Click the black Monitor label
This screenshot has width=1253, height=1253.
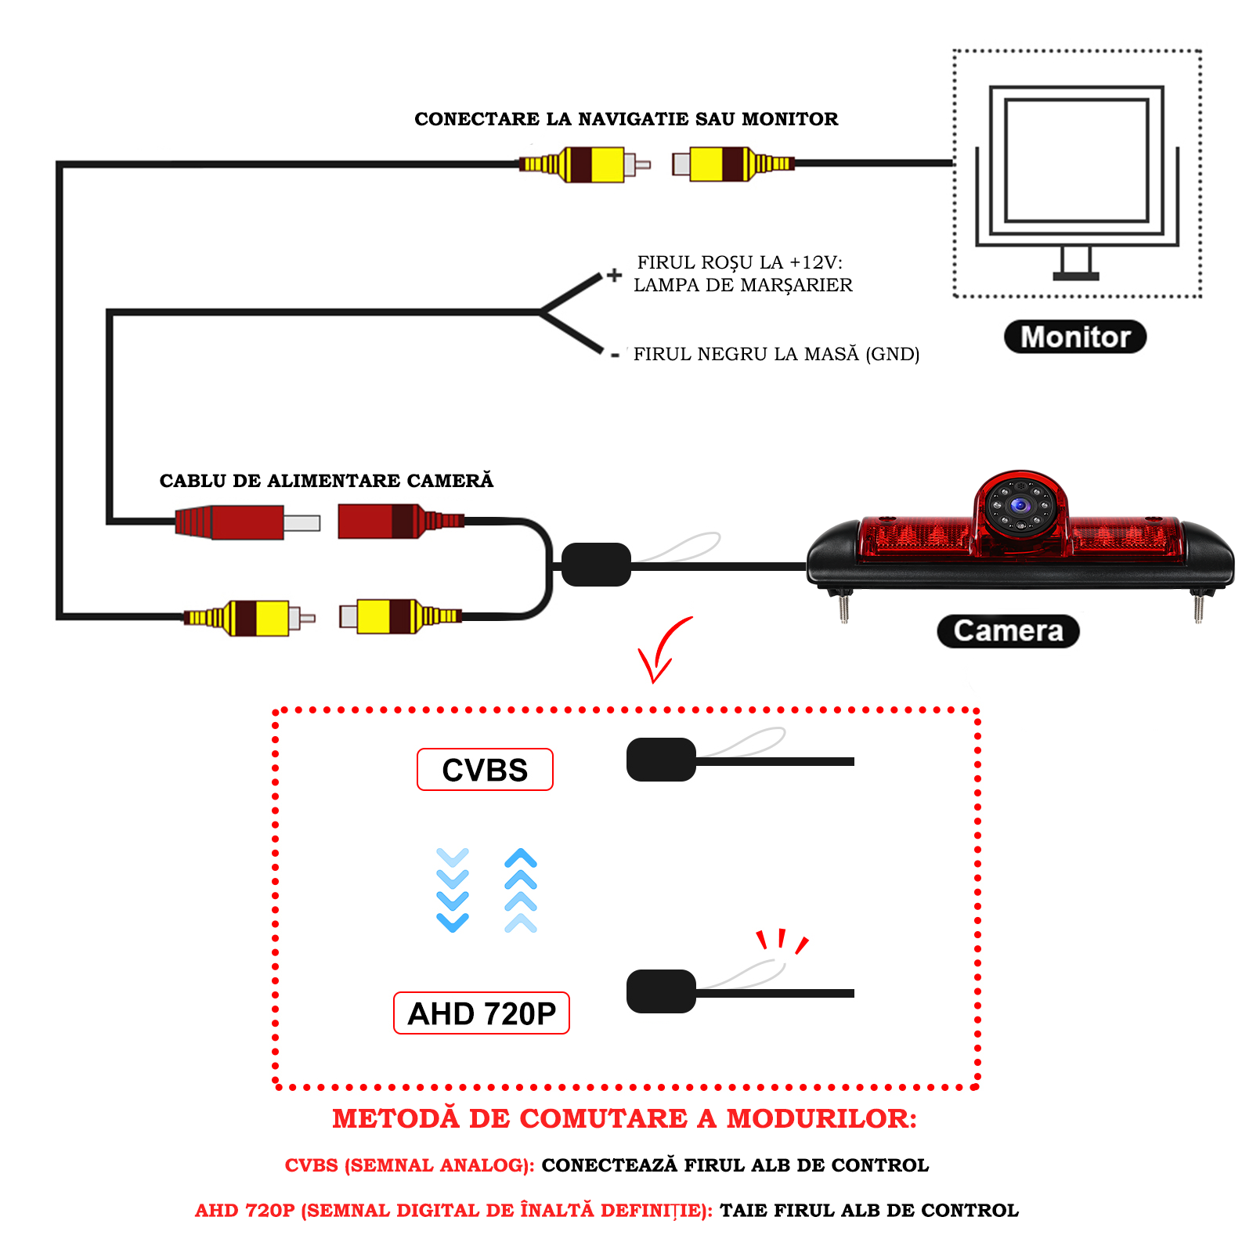click(x=1074, y=337)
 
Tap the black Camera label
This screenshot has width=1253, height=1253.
click(x=1008, y=631)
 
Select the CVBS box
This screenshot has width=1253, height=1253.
click(x=485, y=770)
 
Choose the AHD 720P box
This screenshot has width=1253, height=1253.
click(x=481, y=1013)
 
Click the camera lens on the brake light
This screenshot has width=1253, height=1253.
click(x=1020, y=506)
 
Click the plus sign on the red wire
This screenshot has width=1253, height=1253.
click(x=615, y=275)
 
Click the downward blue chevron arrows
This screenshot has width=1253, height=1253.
click(x=453, y=890)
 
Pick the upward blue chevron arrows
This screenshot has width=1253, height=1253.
click(x=521, y=890)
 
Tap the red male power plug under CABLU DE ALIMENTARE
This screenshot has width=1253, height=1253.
click(x=235, y=522)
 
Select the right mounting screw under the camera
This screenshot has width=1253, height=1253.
click(x=1198, y=607)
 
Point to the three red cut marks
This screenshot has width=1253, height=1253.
click(x=782, y=941)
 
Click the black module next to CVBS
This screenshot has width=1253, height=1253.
click(x=661, y=760)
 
